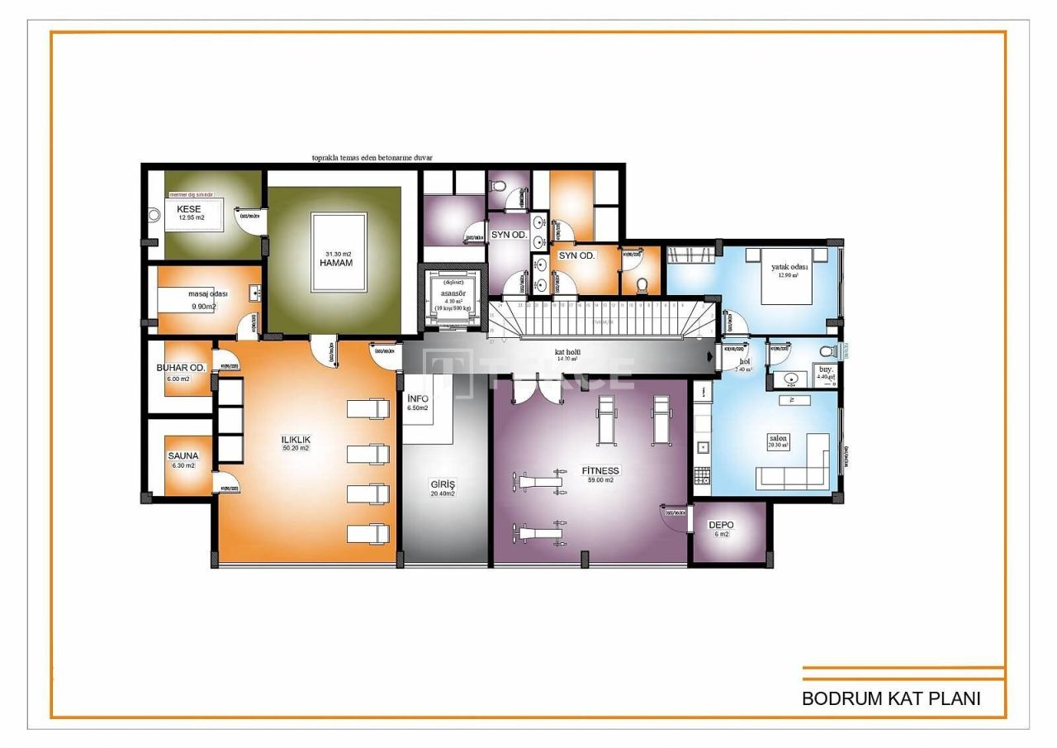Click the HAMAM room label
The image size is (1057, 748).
point(336,263)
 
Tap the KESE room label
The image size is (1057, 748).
point(188,209)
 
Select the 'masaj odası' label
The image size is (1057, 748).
point(207,293)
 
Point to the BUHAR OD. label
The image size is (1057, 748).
point(181,368)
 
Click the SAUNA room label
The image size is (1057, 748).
point(183,455)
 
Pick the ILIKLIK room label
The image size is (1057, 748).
point(295,440)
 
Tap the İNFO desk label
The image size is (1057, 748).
point(418,398)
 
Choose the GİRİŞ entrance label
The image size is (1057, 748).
point(443,484)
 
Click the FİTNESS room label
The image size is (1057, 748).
point(600,470)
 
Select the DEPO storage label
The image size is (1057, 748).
point(721,525)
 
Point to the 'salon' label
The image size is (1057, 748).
point(778,437)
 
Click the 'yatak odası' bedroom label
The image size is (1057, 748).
point(789,267)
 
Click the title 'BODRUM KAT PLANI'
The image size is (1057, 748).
point(891,698)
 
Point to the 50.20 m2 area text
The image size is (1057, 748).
point(295,449)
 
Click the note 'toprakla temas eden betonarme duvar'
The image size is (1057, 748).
point(372,157)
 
